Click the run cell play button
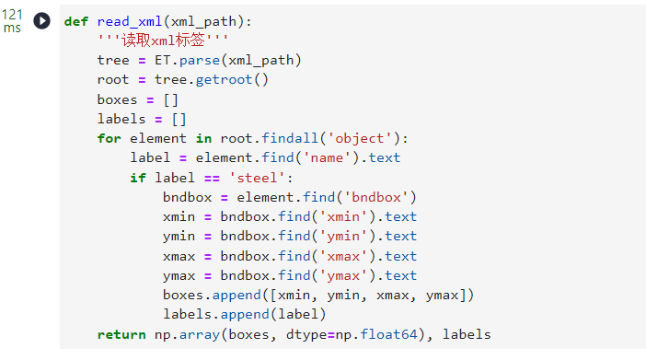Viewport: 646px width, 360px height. pos(41,20)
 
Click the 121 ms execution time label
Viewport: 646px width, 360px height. pos(12,21)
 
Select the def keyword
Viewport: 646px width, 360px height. pos(76,21)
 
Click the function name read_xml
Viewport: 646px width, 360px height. pos(130,21)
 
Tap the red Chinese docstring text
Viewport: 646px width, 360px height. pos(162,41)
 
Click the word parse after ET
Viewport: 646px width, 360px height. pos(200,61)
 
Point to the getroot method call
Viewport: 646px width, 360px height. pos(224,79)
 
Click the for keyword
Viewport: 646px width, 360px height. pos(110,138)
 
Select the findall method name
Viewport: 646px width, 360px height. pos(290,138)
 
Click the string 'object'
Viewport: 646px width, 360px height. pos(360,138)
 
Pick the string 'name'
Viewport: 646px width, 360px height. pos(327,158)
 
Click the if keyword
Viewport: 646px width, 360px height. pos(138,178)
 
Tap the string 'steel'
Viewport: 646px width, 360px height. pos(257,178)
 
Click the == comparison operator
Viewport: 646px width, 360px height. pos(212,178)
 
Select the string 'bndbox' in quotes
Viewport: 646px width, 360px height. pos(376,197)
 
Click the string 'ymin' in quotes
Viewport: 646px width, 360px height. pos(343,237)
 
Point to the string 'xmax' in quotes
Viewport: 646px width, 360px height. pos(343,256)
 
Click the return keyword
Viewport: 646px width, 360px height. pos(121,334)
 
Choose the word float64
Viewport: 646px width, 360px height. pos(388,334)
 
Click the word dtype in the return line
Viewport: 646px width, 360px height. pos(306,334)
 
